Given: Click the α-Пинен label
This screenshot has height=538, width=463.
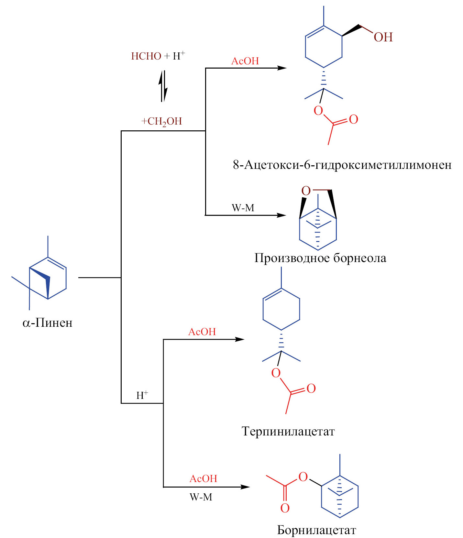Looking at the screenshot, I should point(47,323).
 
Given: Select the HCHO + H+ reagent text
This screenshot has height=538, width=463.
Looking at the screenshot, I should point(158,56).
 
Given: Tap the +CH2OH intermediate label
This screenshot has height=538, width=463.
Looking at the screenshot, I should point(162,122).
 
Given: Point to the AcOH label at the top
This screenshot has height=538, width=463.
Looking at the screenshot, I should point(245,61).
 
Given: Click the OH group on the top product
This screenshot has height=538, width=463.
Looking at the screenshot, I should point(383,37).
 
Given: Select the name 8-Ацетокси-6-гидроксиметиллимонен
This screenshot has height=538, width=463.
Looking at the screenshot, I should point(342,165).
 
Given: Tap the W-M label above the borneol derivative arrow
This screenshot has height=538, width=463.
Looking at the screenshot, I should point(243,208).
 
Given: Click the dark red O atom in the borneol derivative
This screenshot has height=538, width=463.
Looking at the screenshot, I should point(306,191).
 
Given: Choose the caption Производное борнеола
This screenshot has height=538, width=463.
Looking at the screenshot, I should point(320,258).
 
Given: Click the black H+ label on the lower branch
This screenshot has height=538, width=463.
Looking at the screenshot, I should point(142,395).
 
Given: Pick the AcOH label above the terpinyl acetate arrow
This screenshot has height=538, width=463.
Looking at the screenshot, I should point(202,332).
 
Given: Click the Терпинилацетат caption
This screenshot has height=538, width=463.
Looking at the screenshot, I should point(288,431).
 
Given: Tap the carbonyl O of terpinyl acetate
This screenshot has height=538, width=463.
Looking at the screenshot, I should point(311,388).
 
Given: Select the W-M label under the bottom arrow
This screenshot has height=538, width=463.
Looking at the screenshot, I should point(201,497).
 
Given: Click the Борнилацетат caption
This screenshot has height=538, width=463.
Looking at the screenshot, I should point(316,530).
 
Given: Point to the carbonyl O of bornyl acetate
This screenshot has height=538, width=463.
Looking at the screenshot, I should point(285,508).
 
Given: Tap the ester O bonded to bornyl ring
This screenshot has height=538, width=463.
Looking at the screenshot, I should point(303,477).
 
